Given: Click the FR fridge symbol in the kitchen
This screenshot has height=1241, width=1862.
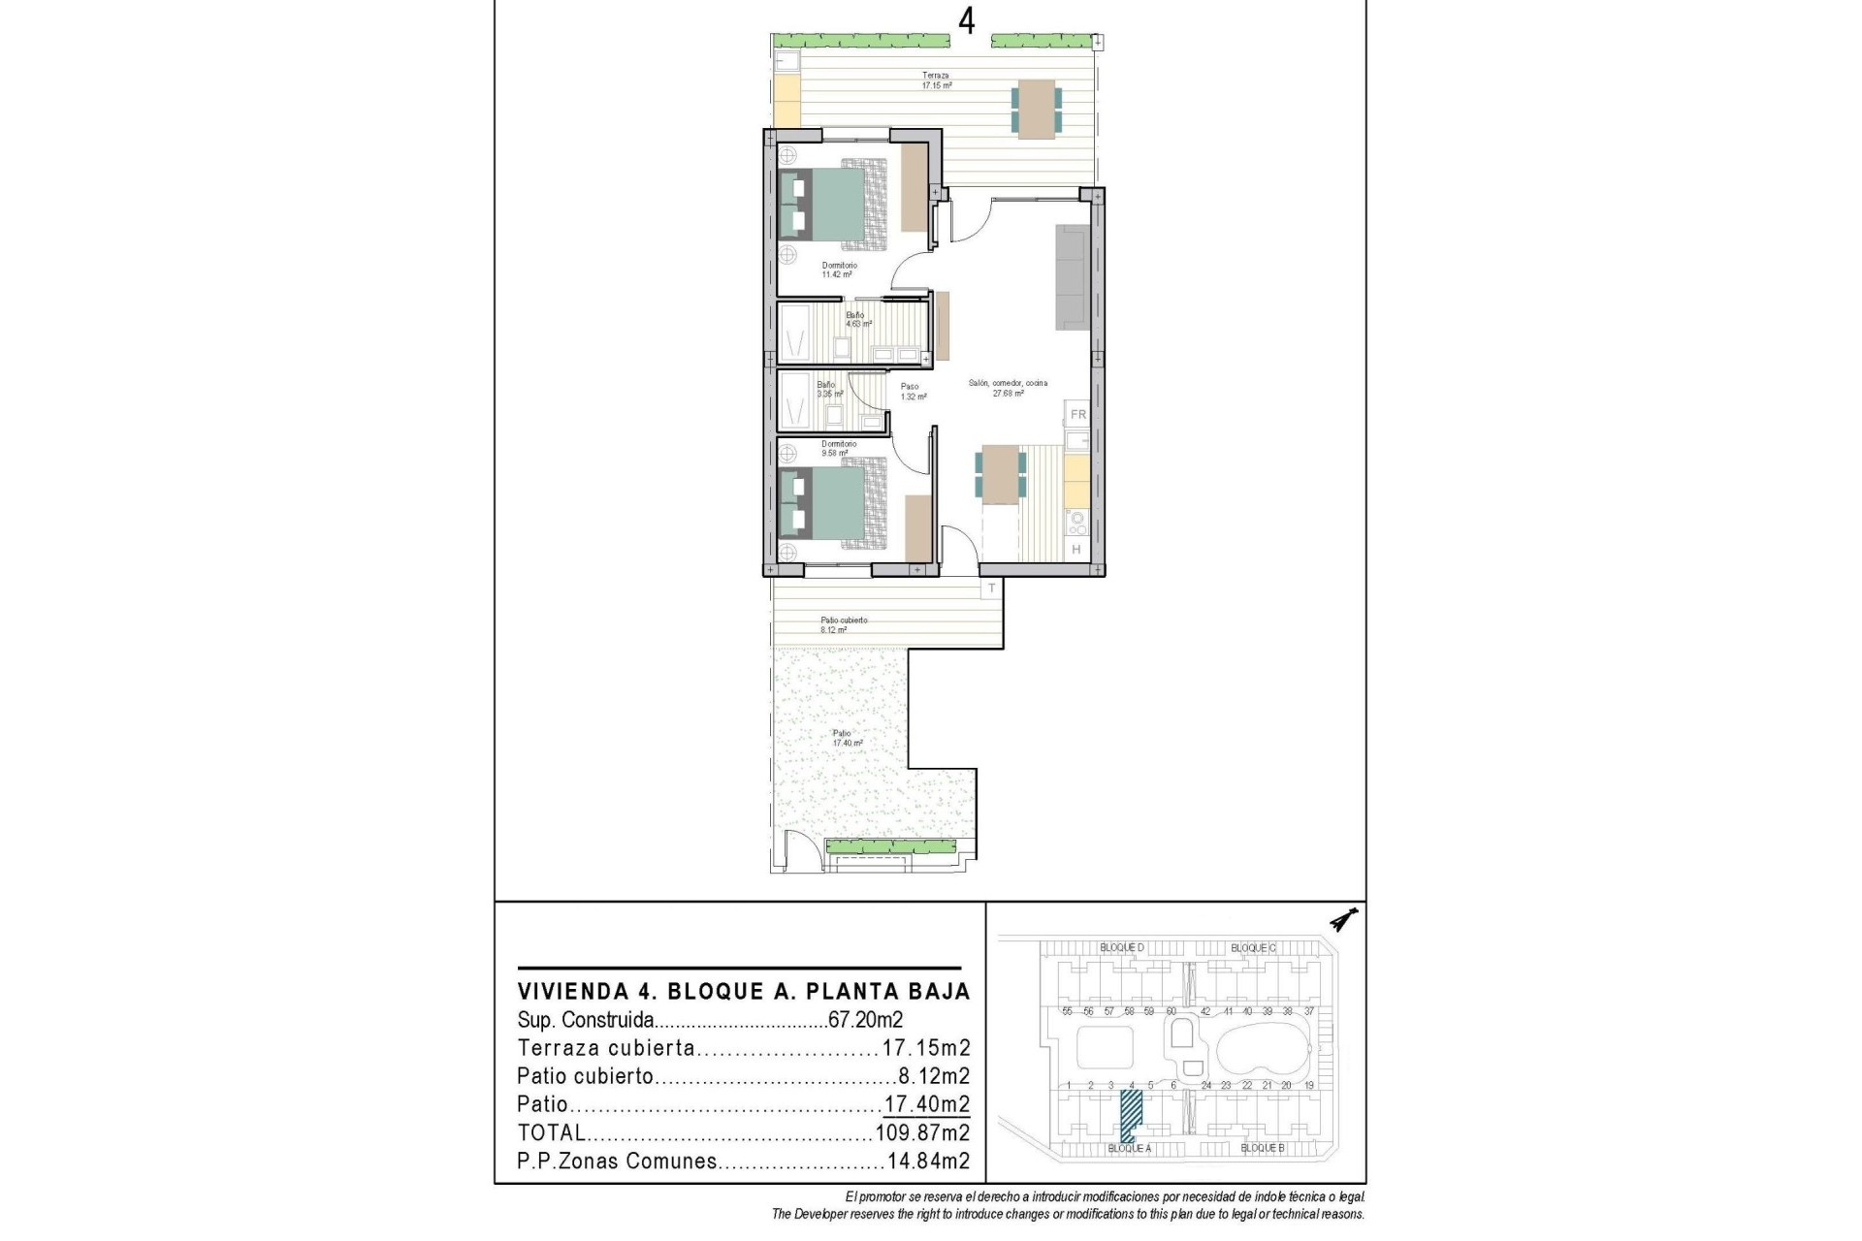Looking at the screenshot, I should (x=1077, y=415).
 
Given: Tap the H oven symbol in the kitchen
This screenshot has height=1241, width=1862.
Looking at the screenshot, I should (x=1076, y=550).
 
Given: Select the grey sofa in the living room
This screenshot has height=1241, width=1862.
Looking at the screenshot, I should (x=1073, y=277).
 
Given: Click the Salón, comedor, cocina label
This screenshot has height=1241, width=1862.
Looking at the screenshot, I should (x=1008, y=388).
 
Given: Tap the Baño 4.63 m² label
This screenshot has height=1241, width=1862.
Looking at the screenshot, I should (x=857, y=319).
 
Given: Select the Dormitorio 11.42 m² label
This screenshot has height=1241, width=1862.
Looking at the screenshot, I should (x=839, y=270).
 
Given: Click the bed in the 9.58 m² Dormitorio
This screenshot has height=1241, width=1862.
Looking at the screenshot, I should (x=834, y=505).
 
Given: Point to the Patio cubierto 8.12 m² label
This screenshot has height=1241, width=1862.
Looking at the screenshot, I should (x=843, y=624).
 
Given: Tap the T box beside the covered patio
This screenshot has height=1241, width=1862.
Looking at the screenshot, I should (x=991, y=589).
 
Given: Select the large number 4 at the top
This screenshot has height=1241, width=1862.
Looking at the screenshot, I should (x=966, y=21).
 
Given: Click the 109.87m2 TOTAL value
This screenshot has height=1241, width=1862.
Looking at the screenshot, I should (x=922, y=1132).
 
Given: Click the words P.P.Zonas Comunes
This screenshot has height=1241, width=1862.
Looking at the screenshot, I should (x=617, y=1161).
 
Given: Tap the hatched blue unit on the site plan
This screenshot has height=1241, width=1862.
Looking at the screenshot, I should (x=1130, y=1115).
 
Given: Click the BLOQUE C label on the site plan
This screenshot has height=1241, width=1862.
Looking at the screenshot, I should (x=1253, y=947).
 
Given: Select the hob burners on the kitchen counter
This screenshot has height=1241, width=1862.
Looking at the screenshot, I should (x=1075, y=524).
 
